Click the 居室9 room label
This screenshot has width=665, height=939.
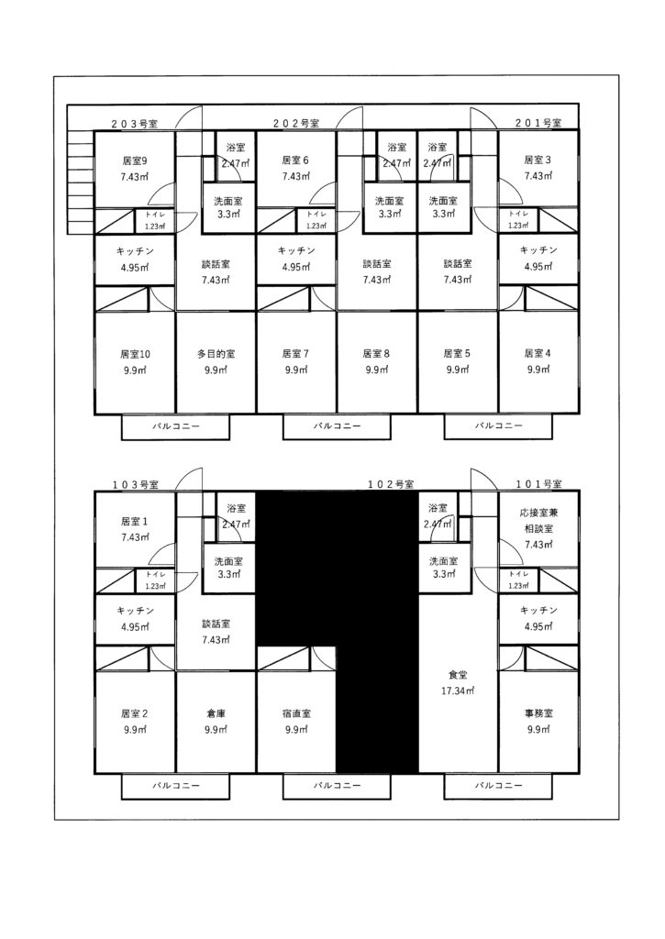coord(135,160)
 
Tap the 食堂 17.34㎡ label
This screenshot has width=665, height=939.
coord(458,682)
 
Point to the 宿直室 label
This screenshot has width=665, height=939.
coord(296,713)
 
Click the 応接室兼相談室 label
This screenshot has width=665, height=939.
coord(538,521)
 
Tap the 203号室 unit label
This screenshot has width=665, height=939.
coord(135,124)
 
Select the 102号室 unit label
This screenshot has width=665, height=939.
coord(390,484)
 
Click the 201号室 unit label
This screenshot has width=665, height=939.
coord(538,123)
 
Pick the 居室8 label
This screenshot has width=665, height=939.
coord(377,354)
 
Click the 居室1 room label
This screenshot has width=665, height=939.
coord(135,522)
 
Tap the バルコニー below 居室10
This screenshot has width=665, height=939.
coord(176,427)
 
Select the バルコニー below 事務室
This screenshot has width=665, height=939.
coord(498,786)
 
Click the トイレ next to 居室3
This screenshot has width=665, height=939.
coord(518,219)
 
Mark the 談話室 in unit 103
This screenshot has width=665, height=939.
coord(216,631)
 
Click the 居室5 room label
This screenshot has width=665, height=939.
coord(458,354)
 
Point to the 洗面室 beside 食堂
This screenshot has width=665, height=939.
coord(444,567)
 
